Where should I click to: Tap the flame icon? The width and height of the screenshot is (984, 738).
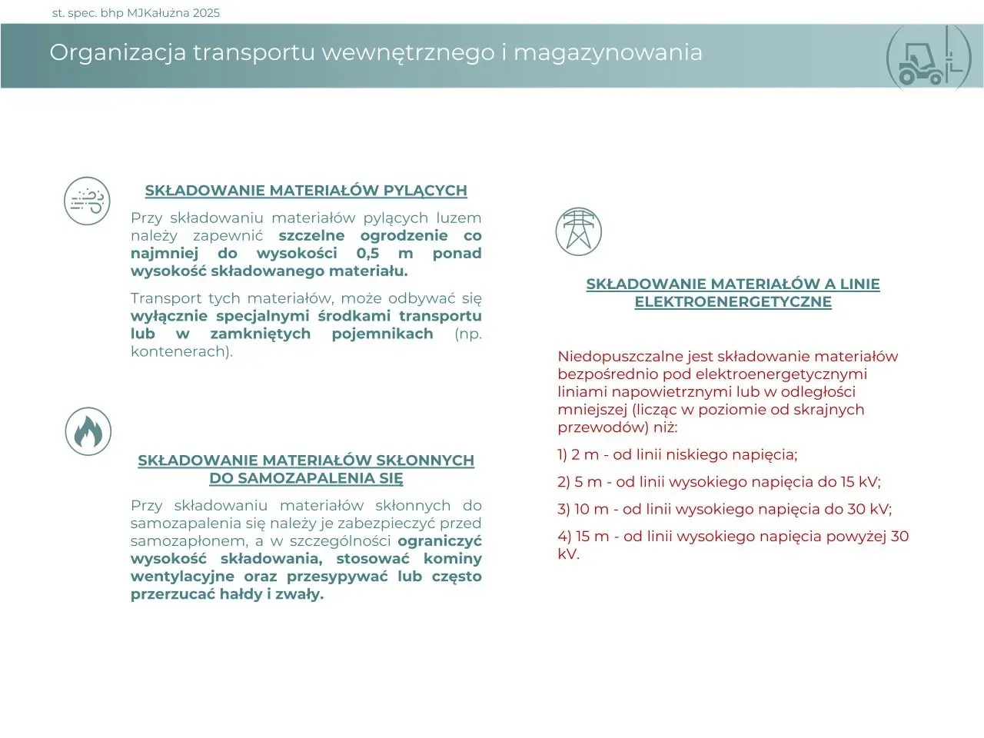[x=88, y=431]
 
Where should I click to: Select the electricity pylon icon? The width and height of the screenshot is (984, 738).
[x=578, y=231]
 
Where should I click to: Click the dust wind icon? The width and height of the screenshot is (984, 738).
[x=87, y=201]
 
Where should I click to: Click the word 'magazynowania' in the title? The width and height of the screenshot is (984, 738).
[x=607, y=52]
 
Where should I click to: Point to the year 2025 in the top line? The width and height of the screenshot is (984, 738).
[x=206, y=12]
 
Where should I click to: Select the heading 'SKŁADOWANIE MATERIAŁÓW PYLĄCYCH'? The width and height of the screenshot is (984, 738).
[x=306, y=191]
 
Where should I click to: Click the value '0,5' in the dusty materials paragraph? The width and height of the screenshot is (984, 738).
[x=368, y=254]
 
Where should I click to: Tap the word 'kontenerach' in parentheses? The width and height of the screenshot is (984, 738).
[x=179, y=351]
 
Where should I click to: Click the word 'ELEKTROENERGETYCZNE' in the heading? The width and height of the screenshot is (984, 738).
[x=733, y=302]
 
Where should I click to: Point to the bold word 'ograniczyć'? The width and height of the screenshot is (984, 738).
[x=439, y=541]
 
